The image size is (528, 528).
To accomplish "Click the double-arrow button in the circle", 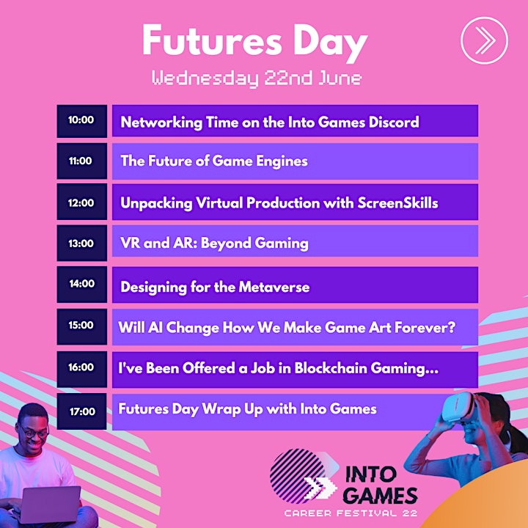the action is click(x=484, y=40).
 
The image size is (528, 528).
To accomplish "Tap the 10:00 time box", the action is click(x=82, y=121).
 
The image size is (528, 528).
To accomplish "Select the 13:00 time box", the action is click(x=82, y=243).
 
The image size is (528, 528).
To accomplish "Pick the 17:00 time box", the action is click(x=82, y=411).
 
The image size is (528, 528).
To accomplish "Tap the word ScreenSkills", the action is click(x=397, y=202).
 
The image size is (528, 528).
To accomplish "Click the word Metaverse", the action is click(x=274, y=287).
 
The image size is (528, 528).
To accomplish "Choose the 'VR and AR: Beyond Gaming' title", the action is click(x=214, y=243).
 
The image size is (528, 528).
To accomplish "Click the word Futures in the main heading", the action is click(x=212, y=40).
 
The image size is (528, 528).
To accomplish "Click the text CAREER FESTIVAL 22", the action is click(x=351, y=513).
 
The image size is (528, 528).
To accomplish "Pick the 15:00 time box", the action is click(x=82, y=326).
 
